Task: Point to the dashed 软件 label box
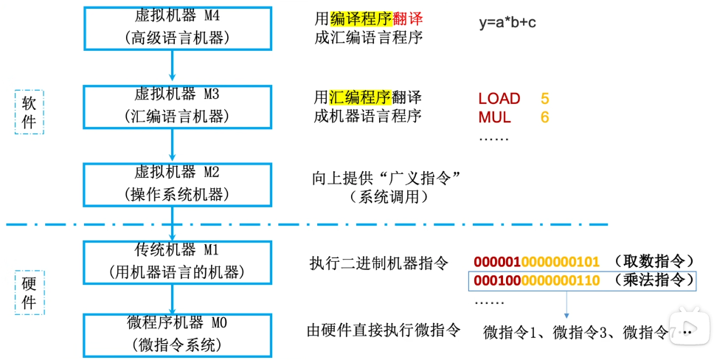click(30, 111)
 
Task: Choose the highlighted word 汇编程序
click(359, 97)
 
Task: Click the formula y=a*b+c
click(507, 23)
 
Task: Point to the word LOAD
click(499, 99)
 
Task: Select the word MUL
click(494, 117)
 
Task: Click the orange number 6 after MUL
click(544, 117)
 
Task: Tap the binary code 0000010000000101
click(536, 262)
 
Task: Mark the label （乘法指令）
click(654, 280)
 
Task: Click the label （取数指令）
click(654, 262)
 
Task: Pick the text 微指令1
click(509, 333)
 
